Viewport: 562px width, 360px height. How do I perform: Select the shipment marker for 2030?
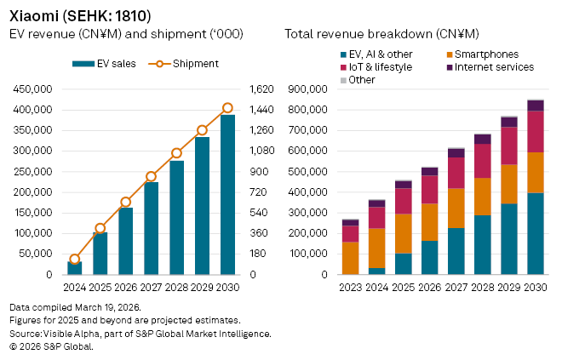[x=227, y=108]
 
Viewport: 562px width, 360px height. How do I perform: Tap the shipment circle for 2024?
[x=75, y=260]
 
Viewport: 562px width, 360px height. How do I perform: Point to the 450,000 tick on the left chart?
[x=32, y=89]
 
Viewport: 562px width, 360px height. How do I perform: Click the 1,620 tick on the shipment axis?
[x=259, y=89]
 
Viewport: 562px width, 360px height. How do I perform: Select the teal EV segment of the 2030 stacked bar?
[x=536, y=234]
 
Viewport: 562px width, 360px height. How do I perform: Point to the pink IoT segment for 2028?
[x=483, y=161]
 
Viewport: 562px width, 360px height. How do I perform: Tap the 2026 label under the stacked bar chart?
[x=431, y=287]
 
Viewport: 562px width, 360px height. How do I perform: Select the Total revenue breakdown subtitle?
[x=382, y=33]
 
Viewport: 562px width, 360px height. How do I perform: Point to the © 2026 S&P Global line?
[x=51, y=346]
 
